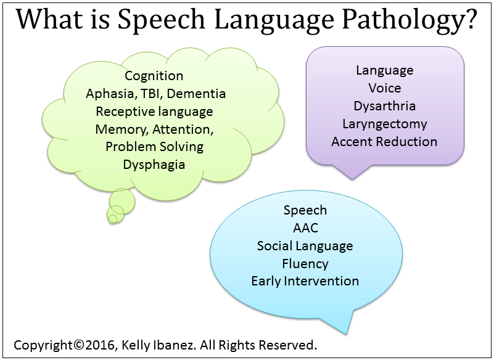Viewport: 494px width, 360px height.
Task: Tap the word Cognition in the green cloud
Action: (154, 76)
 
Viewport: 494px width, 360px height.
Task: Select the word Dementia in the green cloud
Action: (196, 94)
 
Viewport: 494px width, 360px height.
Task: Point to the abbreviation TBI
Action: (151, 94)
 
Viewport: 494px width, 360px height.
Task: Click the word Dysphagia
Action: (154, 165)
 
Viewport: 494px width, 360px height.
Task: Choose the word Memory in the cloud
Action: (122, 129)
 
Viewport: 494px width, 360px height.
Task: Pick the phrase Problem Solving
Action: (154, 147)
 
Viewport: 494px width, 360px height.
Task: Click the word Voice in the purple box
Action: (385, 88)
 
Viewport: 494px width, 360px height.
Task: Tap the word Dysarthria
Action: (384, 106)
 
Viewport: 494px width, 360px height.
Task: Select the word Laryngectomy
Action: (385, 124)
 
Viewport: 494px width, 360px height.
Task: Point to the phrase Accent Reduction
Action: (384, 142)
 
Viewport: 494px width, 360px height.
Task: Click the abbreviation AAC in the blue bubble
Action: (305, 227)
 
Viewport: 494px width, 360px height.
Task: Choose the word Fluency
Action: (305, 264)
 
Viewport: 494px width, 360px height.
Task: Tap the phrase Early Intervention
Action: (305, 281)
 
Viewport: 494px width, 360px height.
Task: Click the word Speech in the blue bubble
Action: (305, 210)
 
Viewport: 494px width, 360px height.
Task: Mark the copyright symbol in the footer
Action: (78, 345)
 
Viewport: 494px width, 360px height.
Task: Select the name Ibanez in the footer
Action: (179, 345)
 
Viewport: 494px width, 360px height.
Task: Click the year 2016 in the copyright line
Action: (99, 345)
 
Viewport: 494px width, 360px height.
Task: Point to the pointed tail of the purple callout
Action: (352, 179)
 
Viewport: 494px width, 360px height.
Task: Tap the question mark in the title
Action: (471, 20)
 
